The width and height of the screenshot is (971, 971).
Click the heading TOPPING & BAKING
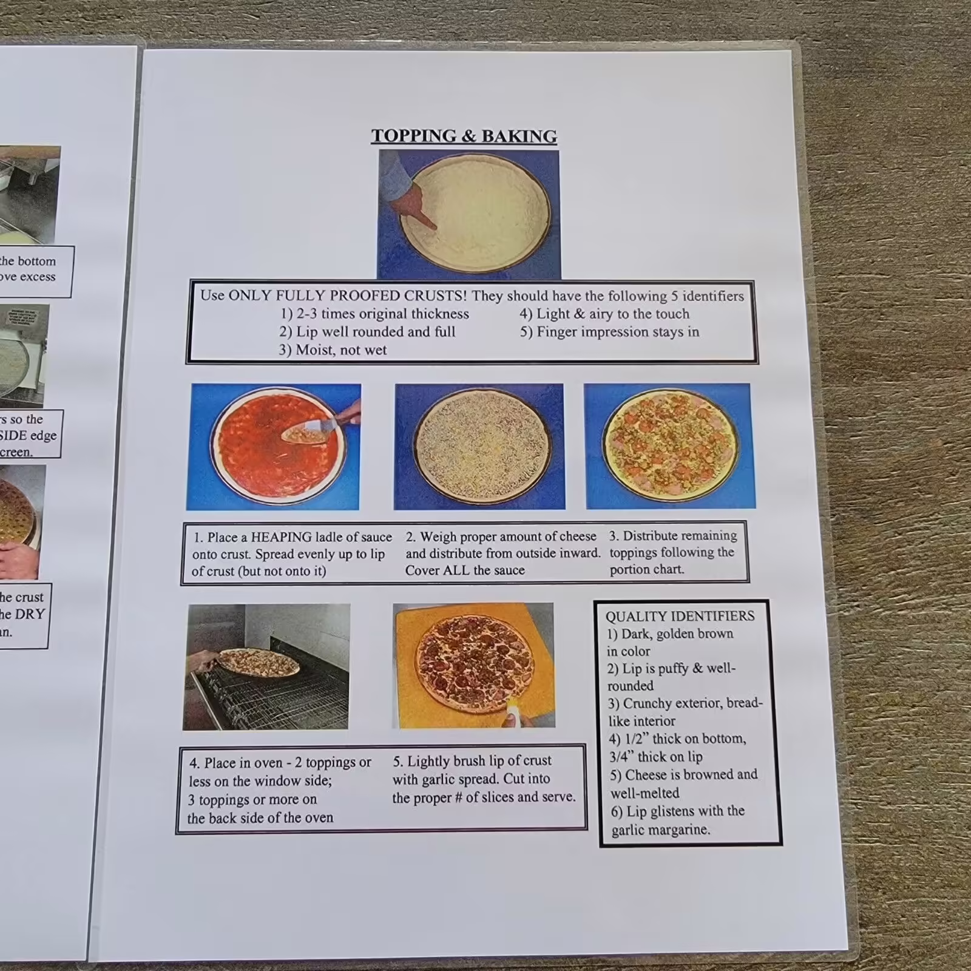coord(464,136)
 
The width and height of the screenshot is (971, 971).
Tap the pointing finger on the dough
coord(425,222)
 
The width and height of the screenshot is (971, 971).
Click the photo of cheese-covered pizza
coord(480,446)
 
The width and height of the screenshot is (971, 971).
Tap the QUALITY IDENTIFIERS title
coord(680,617)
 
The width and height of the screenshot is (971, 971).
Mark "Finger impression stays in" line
coord(617,332)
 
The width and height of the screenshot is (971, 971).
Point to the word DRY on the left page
coord(30,614)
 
